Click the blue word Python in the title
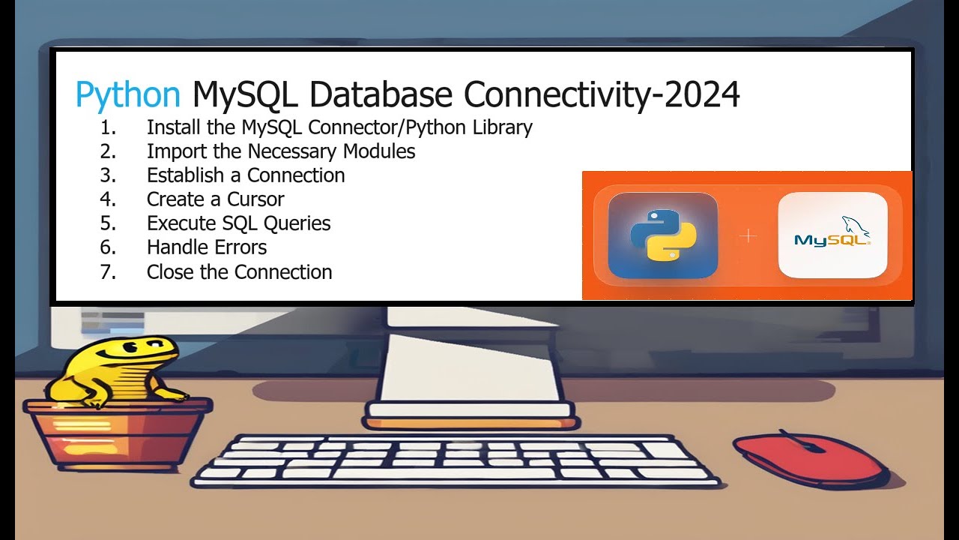pyautogui.click(x=127, y=95)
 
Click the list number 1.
pyautogui.click(x=108, y=127)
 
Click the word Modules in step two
pyautogui.click(x=378, y=151)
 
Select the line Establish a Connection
pyautogui.click(x=246, y=175)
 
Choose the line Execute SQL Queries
pyautogui.click(x=238, y=223)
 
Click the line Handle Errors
pyautogui.click(x=207, y=247)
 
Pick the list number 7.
pyautogui.click(x=108, y=271)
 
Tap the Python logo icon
pyautogui.click(x=663, y=235)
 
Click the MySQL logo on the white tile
pyautogui.click(x=832, y=235)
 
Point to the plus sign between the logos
pyautogui.click(x=748, y=236)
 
